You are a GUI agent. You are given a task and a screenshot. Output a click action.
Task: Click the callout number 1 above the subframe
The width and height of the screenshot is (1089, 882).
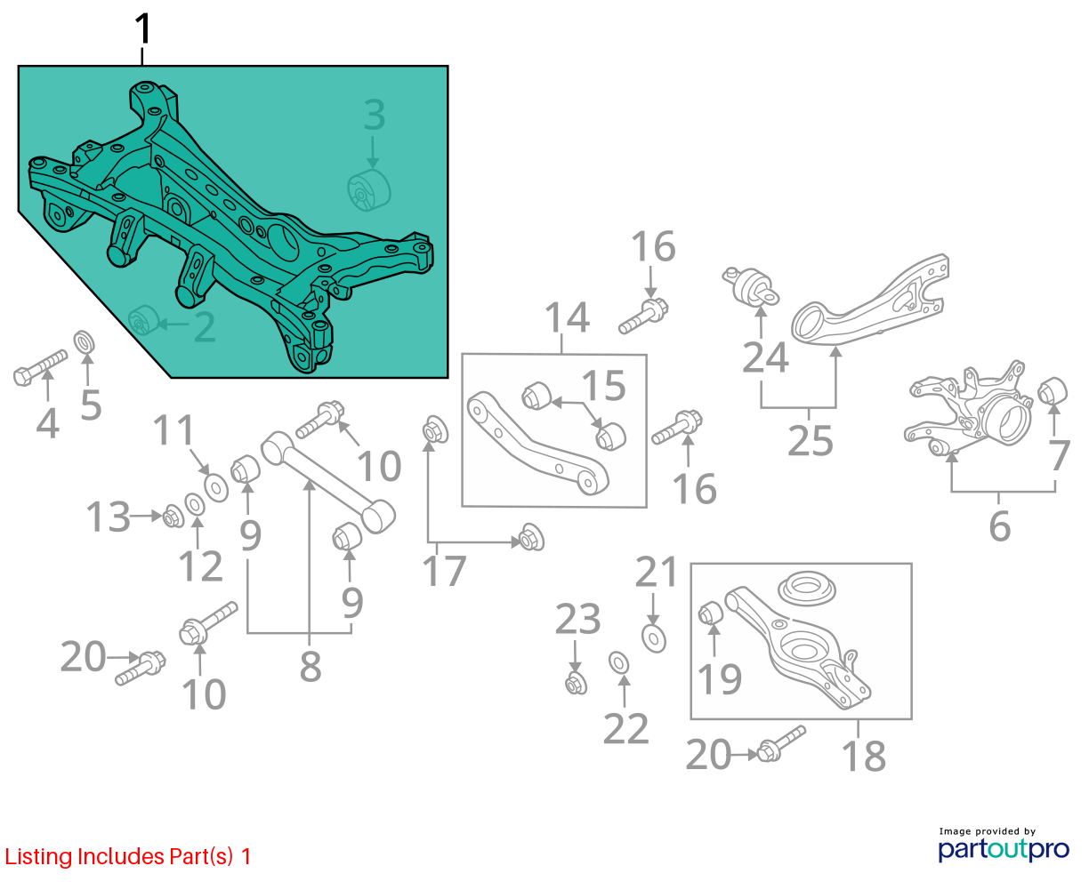coord(142,28)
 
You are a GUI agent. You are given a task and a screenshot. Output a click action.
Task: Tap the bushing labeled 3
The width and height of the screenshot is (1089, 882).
coord(369,190)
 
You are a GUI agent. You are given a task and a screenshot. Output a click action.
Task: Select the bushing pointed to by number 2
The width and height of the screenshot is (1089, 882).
coord(143,320)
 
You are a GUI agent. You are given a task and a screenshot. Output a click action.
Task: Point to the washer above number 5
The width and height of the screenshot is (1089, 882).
coord(85,342)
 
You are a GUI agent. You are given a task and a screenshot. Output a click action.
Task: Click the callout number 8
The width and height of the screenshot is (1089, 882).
coord(311,666)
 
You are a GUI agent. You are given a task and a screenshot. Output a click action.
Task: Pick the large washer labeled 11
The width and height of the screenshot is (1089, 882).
coord(216,487)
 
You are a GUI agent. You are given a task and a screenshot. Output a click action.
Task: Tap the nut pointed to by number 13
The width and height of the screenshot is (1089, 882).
coord(173,517)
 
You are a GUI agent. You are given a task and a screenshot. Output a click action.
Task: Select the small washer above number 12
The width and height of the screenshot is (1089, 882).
coord(195,505)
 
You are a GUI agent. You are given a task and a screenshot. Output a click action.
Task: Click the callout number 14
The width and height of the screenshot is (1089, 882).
coord(567,317)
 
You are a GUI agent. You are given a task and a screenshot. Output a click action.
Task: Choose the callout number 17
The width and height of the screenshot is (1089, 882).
coord(444,571)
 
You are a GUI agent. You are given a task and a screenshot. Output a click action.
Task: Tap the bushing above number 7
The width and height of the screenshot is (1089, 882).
coord(1053,392)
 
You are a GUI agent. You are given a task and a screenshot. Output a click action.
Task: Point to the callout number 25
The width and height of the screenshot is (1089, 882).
coord(810,440)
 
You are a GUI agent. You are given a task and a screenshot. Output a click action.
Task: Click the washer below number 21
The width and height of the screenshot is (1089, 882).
coord(653,638)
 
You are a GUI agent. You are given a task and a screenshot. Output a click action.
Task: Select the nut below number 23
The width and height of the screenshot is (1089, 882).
coord(576,683)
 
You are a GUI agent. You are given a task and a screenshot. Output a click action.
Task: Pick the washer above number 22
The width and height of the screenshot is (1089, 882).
coord(618,663)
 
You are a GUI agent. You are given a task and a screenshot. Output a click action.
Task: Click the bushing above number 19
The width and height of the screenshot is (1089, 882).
coord(711,613)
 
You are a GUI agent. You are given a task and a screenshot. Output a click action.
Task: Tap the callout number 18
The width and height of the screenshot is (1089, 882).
coord(864,757)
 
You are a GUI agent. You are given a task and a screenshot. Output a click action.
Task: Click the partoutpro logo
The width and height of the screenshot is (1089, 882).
coord(1004,848)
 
